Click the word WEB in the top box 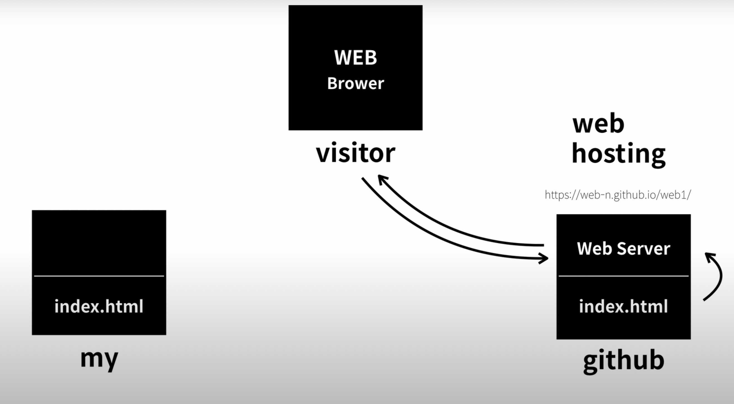(x=356, y=58)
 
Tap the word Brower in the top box (x=356, y=83)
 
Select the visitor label (x=356, y=154)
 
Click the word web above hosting (x=598, y=124)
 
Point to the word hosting (x=619, y=154)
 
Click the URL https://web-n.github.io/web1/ (x=618, y=195)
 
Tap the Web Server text (x=624, y=248)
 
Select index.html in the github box (x=624, y=307)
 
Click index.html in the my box (x=99, y=307)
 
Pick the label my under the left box (x=99, y=359)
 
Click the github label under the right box (x=624, y=360)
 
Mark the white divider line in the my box (x=99, y=276)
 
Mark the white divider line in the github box (x=624, y=276)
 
